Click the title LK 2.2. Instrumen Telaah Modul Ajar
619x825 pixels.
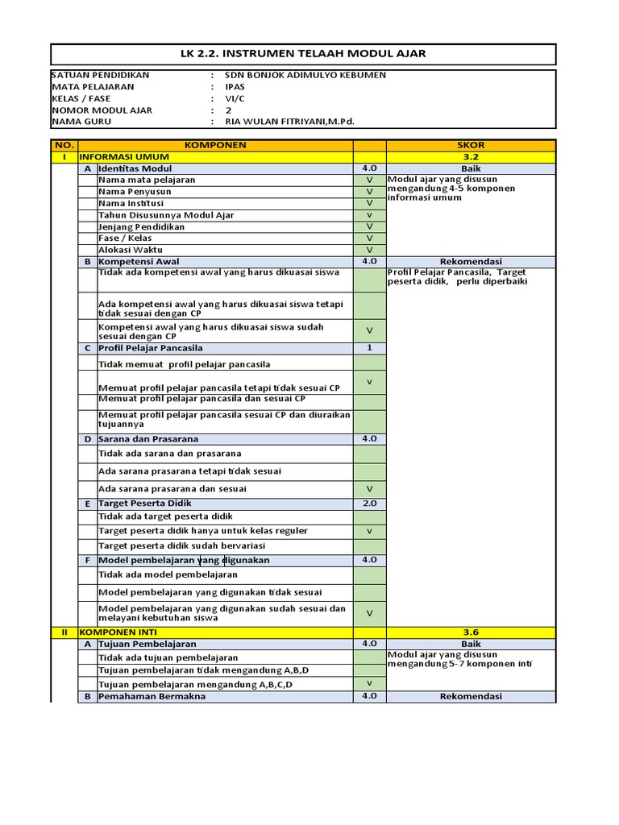(302, 54)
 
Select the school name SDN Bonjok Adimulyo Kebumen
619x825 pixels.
(305, 75)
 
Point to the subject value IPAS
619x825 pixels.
(235, 86)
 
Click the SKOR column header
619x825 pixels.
(471, 145)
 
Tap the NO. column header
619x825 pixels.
(64, 145)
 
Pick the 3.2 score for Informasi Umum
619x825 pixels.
(471, 157)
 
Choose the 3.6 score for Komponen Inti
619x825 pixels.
(471, 633)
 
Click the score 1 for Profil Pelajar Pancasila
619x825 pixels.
(369, 348)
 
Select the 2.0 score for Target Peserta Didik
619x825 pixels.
(369, 504)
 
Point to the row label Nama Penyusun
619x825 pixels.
(135, 192)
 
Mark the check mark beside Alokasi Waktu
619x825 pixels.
(369, 250)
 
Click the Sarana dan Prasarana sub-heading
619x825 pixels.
(148, 439)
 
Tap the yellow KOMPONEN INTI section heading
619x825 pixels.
(131, 633)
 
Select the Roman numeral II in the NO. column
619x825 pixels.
(64, 633)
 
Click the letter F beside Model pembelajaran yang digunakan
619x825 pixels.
(87, 560)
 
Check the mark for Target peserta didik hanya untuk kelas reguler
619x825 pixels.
(369, 532)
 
